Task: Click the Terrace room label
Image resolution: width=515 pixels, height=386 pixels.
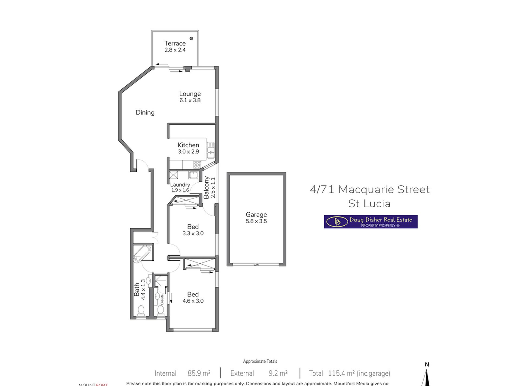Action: coord(175,43)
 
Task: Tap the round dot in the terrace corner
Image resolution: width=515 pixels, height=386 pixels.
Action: coord(191,38)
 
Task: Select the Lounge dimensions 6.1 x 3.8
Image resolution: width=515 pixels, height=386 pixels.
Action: coord(190,100)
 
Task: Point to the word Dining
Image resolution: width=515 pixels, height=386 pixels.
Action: coord(145,112)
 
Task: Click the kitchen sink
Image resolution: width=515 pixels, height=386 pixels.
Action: coord(211,150)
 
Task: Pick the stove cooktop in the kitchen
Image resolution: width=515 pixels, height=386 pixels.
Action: coord(197,164)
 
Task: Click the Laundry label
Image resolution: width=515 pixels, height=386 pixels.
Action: coord(180,184)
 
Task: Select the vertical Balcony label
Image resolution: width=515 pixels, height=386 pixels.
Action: coord(206,187)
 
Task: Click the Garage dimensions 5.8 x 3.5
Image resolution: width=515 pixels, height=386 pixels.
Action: coord(256,221)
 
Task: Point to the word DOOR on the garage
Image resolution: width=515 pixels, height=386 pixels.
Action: coord(256,265)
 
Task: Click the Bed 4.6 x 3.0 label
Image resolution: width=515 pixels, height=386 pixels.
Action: coord(193,297)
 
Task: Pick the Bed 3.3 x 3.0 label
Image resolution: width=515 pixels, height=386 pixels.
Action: coord(193,230)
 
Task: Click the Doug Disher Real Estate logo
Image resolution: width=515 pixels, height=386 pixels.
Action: coord(370,222)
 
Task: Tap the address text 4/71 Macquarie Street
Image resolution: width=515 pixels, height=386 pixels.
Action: coord(370,189)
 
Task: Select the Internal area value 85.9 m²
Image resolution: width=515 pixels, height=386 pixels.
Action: coord(199,373)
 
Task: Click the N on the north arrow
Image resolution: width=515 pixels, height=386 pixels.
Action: coord(427,364)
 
